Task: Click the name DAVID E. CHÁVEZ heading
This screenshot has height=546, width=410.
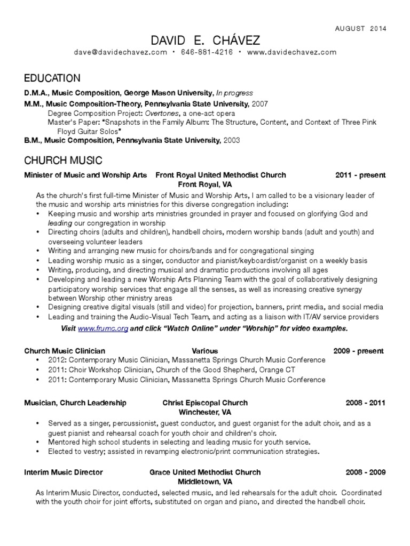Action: pyautogui.click(x=205, y=41)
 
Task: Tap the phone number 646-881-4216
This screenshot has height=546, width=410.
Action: pyautogui.click(x=207, y=52)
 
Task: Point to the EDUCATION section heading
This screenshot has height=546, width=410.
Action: pyautogui.click(x=52, y=78)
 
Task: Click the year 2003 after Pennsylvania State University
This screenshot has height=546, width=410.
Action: pyautogui.click(x=231, y=141)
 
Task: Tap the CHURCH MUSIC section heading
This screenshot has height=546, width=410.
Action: pyautogui.click(x=63, y=160)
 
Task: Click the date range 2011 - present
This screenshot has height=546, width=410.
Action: pyautogui.click(x=360, y=175)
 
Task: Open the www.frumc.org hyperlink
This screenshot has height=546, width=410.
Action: pyautogui.click(x=103, y=328)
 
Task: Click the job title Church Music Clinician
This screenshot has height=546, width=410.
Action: pyautogui.click(x=65, y=351)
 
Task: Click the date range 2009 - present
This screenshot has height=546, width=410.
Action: pyautogui.click(x=358, y=351)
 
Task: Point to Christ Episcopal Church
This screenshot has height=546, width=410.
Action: pyautogui.click(x=205, y=403)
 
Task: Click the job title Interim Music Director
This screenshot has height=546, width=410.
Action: pyautogui.click(x=64, y=472)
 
